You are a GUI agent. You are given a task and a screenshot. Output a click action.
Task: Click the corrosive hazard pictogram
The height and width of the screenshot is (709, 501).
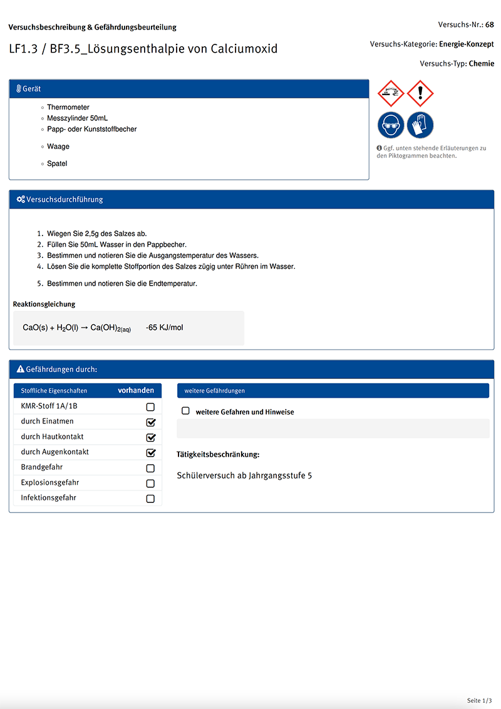pyautogui.click(x=391, y=93)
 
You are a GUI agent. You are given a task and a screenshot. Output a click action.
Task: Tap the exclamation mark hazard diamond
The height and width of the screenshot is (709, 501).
pyautogui.click(x=420, y=93)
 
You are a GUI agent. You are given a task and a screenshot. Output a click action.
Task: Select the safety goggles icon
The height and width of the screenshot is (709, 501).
pyautogui.click(x=391, y=125)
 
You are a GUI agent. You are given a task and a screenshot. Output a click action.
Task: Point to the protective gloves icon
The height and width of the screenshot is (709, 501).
pyautogui.click(x=420, y=125)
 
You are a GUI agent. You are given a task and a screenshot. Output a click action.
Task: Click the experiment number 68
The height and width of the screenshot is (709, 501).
pyautogui.click(x=490, y=25)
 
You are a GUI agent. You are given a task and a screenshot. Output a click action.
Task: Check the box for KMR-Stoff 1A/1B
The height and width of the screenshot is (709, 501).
pyautogui.click(x=150, y=407)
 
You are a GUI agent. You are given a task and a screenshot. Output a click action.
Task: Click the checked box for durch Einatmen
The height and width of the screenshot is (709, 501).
pyautogui.click(x=150, y=422)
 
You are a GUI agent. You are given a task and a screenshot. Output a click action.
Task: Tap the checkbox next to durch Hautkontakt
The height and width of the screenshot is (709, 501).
pyautogui.click(x=150, y=437)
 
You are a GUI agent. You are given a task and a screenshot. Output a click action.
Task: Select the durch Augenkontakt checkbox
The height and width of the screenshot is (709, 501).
pyautogui.click(x=150, y=452)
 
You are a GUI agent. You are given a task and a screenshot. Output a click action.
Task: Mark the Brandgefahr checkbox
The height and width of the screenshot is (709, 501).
pyautogui.click(x=150, y=468)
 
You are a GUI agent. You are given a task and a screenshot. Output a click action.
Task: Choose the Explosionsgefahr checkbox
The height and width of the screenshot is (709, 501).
pyautogui.click(x=150, y=484)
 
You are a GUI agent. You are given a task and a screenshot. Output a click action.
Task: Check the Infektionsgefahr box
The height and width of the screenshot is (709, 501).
pyautogui.click(x=150, y=499)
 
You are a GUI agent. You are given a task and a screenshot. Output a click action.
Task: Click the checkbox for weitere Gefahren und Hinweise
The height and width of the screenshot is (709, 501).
pyautogui.click(x=185, y=411)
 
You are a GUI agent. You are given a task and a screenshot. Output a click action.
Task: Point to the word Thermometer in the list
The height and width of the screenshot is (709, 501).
pyautogui.click(x=68, y=108)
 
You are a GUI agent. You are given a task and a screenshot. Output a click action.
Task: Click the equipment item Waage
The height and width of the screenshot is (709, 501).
pyautogui.click(x=58, y=147)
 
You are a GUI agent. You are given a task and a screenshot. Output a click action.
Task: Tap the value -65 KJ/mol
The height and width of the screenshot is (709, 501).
pyautogui.click(x=165, y=328)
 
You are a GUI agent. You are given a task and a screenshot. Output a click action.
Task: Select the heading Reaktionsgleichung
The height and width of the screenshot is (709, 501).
pyautogui.click(x=44, y=304)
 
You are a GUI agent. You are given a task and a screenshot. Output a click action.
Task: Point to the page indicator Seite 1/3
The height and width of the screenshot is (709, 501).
pyautogui.click(x=480, y=700)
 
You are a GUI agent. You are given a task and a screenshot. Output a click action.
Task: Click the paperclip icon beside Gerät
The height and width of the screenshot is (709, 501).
pyautogui.click(x=19, y=89)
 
